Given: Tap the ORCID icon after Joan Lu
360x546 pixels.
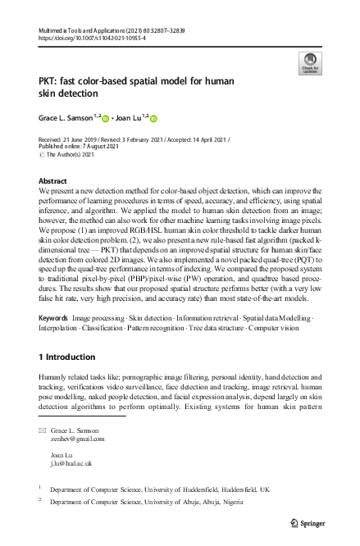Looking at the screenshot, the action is (153, 118).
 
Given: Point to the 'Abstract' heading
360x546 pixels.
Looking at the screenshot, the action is (53, 180).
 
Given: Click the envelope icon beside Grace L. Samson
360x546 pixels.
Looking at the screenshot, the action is (43, 430).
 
